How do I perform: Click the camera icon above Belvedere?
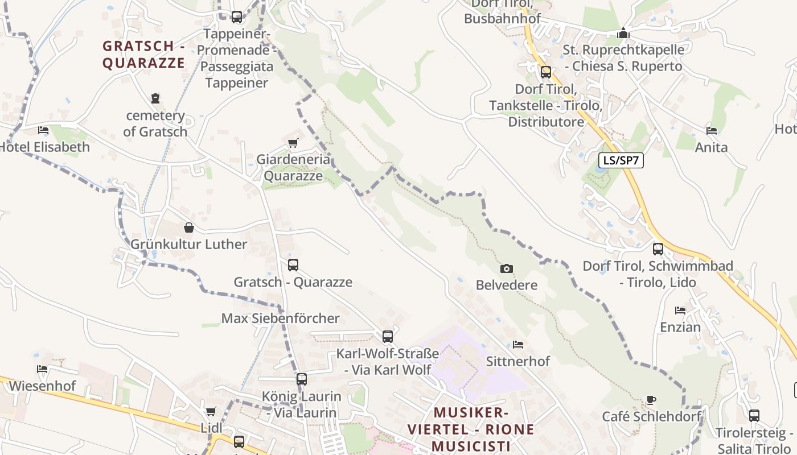click(506, 268)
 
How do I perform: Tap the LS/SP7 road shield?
click(621, 160)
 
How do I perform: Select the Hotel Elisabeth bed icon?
click(43, 130)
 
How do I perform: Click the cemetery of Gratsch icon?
click(155, 98)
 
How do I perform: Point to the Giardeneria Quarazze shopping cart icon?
click(293, 143)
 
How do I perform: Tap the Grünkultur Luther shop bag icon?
click(189, 228)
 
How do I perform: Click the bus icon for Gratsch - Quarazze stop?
click(293, 265)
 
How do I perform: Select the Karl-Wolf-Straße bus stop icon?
click(388, 337)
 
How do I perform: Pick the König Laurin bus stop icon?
click(302, 379)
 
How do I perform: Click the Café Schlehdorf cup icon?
click(651, 400)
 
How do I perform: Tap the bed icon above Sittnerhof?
click(518, 345)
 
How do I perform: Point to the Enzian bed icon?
click(680, 311)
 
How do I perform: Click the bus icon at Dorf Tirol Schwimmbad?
click(658, 249)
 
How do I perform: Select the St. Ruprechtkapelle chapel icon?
click(623, 34)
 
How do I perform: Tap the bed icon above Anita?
click(712, 131)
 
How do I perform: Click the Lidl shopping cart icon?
click(211, 411)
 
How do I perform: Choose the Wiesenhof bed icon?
click(42, 369)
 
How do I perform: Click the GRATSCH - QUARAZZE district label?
click(143, 54)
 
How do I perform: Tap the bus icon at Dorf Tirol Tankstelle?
click(546, 72)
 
